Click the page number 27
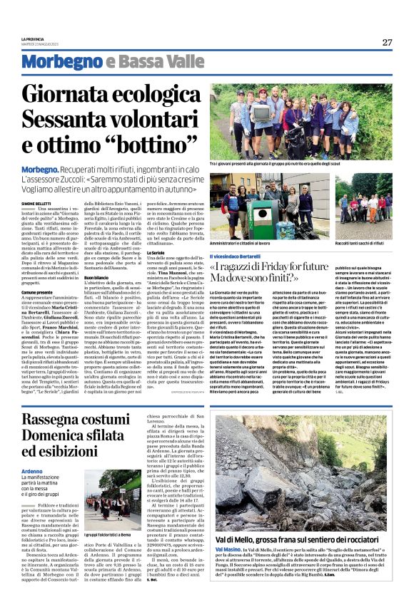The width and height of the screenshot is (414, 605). (x=387, y=42)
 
